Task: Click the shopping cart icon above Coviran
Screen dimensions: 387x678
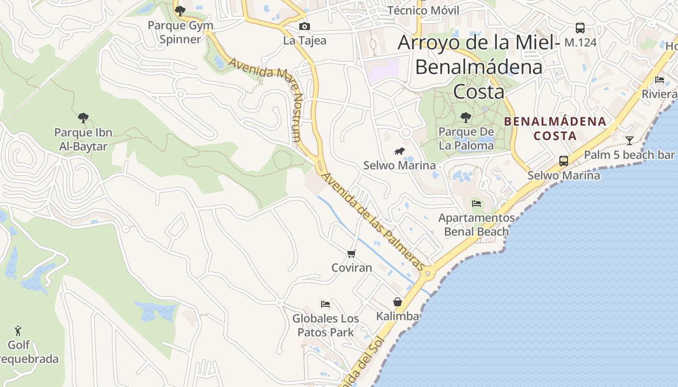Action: (x=352, y=253)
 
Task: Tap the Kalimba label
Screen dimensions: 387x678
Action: (x=398, y=316)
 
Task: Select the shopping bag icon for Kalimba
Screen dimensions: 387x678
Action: (x=398, y=302)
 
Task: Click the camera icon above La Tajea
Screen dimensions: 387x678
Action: (x=304, y=26)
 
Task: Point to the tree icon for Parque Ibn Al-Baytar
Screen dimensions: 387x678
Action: (x=83, y=118)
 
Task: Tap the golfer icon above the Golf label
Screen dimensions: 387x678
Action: (x=18, y=331)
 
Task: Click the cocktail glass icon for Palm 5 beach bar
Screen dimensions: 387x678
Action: (x=629, y=141)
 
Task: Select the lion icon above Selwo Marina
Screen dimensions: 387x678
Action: (x=400, y=152)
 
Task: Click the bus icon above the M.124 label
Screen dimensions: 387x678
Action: (x=580, y=28)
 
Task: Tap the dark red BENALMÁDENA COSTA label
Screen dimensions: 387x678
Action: (x=555, y=129)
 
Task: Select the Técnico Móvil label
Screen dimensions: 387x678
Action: (x=423, y=11)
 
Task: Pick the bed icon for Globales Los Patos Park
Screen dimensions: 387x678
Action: (x=325, y=304)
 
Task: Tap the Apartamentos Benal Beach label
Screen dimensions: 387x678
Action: (x=477, y=224)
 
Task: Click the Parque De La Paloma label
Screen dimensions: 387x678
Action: (x=466, y=138)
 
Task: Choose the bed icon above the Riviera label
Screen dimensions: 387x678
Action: (x=660, y=80)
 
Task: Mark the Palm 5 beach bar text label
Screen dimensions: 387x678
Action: (x=629, y=155)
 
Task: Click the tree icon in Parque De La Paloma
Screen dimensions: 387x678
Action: (x=466, y=117)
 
